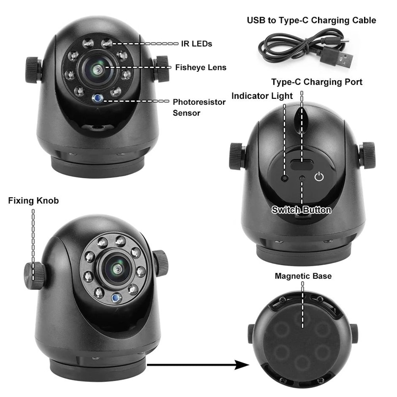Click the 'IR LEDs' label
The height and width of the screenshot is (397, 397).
pos(197,44)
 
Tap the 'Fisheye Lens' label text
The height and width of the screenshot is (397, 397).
pos(200,67)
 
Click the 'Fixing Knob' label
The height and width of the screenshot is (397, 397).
pos(33,201)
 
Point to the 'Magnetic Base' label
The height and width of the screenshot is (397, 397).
pos(303,276)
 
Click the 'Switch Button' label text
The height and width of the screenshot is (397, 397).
pos(301,210)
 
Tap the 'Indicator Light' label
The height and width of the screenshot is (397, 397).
pos(262,96)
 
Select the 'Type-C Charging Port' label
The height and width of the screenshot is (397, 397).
pos(316,82)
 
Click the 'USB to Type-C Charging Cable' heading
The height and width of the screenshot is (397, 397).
pos(311,20)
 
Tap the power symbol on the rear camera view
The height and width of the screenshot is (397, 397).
pos(319,177)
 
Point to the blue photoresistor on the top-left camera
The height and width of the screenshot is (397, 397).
pos(96,97)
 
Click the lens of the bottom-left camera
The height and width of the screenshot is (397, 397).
pos(118,270)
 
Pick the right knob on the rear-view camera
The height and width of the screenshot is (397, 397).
pos(368,155)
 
